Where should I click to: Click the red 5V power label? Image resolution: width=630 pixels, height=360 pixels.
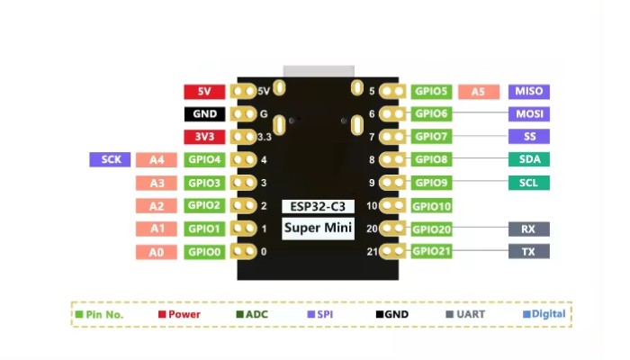tap(204, 91)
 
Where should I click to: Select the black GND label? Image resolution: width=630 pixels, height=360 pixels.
tap(204, 114)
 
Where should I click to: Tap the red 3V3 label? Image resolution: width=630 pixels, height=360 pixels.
tap(204, 137)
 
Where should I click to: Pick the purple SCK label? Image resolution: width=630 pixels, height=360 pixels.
tap(111, 159)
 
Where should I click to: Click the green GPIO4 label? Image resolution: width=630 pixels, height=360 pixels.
tap(204, 160)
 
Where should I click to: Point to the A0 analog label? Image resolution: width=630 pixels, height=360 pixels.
tap(157, 252)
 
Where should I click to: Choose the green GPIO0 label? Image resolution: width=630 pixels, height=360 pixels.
tap(204, 252)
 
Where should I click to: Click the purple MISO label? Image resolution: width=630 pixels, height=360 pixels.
tap(528, 91)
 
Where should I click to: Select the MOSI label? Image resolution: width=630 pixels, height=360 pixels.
tap(528, 114)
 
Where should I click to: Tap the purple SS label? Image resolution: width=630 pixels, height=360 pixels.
tap(528, 137)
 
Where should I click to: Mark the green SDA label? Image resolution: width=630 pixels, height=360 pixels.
tap(528, 159)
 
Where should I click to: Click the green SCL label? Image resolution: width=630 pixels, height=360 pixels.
tap(528, 183)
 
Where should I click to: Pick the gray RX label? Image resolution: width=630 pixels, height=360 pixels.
tap(528, 229)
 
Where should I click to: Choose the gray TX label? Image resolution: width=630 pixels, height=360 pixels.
tap(528, 252)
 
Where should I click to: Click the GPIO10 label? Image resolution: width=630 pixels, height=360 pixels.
tap(432, 206)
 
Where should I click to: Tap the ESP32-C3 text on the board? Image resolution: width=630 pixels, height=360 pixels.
tap(318, 206)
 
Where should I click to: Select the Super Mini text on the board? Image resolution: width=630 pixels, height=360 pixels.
tap(318, 228)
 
